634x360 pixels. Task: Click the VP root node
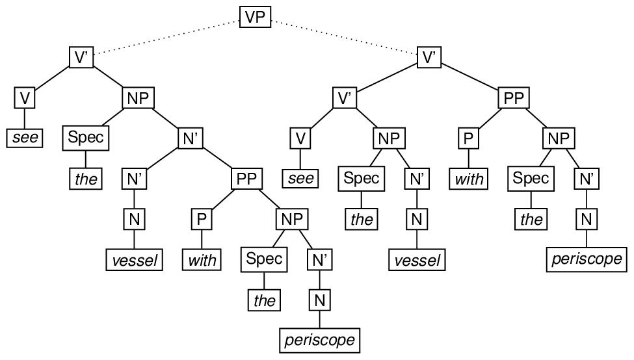pos(256,17)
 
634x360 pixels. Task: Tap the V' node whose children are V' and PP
pos(429,57)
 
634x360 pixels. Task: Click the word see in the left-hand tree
pos(25,138)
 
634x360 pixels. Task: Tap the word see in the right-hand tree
pos(300,179)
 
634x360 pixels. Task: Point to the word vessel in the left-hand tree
pos(133,261)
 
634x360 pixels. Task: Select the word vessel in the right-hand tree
pos(416,261)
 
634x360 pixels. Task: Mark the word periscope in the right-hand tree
pos(586,259)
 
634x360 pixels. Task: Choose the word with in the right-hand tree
pos(469,179)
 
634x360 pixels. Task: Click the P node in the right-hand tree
pos(469,138)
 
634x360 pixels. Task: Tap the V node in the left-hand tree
pos(25,98)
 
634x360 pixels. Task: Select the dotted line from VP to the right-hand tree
pos(345,38)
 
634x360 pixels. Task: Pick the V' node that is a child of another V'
pos(345,98)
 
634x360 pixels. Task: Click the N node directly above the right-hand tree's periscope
pos(586,220)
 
